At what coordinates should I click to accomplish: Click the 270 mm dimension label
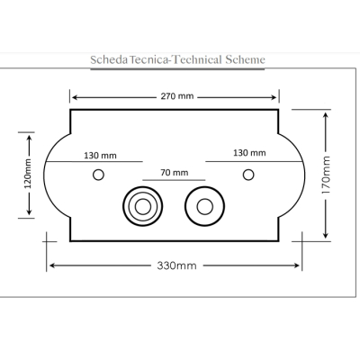[177, 96]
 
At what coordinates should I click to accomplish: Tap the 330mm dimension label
[177, 265]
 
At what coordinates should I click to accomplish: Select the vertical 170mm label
[326, 175]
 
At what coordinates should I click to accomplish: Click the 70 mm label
[175, 173]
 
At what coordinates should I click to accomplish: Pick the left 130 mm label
[100, 156]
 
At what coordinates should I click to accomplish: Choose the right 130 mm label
[249, 153]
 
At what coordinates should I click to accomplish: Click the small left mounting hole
[98, 175]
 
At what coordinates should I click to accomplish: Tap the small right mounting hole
[248, 175]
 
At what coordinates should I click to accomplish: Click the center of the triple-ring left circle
[143, 206]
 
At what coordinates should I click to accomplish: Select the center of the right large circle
[205, 206]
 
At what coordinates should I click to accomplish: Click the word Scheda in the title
[109, 59]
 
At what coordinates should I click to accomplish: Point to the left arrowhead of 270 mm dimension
[76, 97]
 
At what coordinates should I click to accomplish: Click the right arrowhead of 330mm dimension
[296, 265]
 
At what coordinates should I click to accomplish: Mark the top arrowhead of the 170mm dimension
[326, 116]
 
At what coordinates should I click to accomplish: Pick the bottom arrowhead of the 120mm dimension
[29, 211]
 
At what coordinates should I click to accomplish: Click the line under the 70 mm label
[174, 180]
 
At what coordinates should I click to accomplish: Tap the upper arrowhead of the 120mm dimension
[29, 139]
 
